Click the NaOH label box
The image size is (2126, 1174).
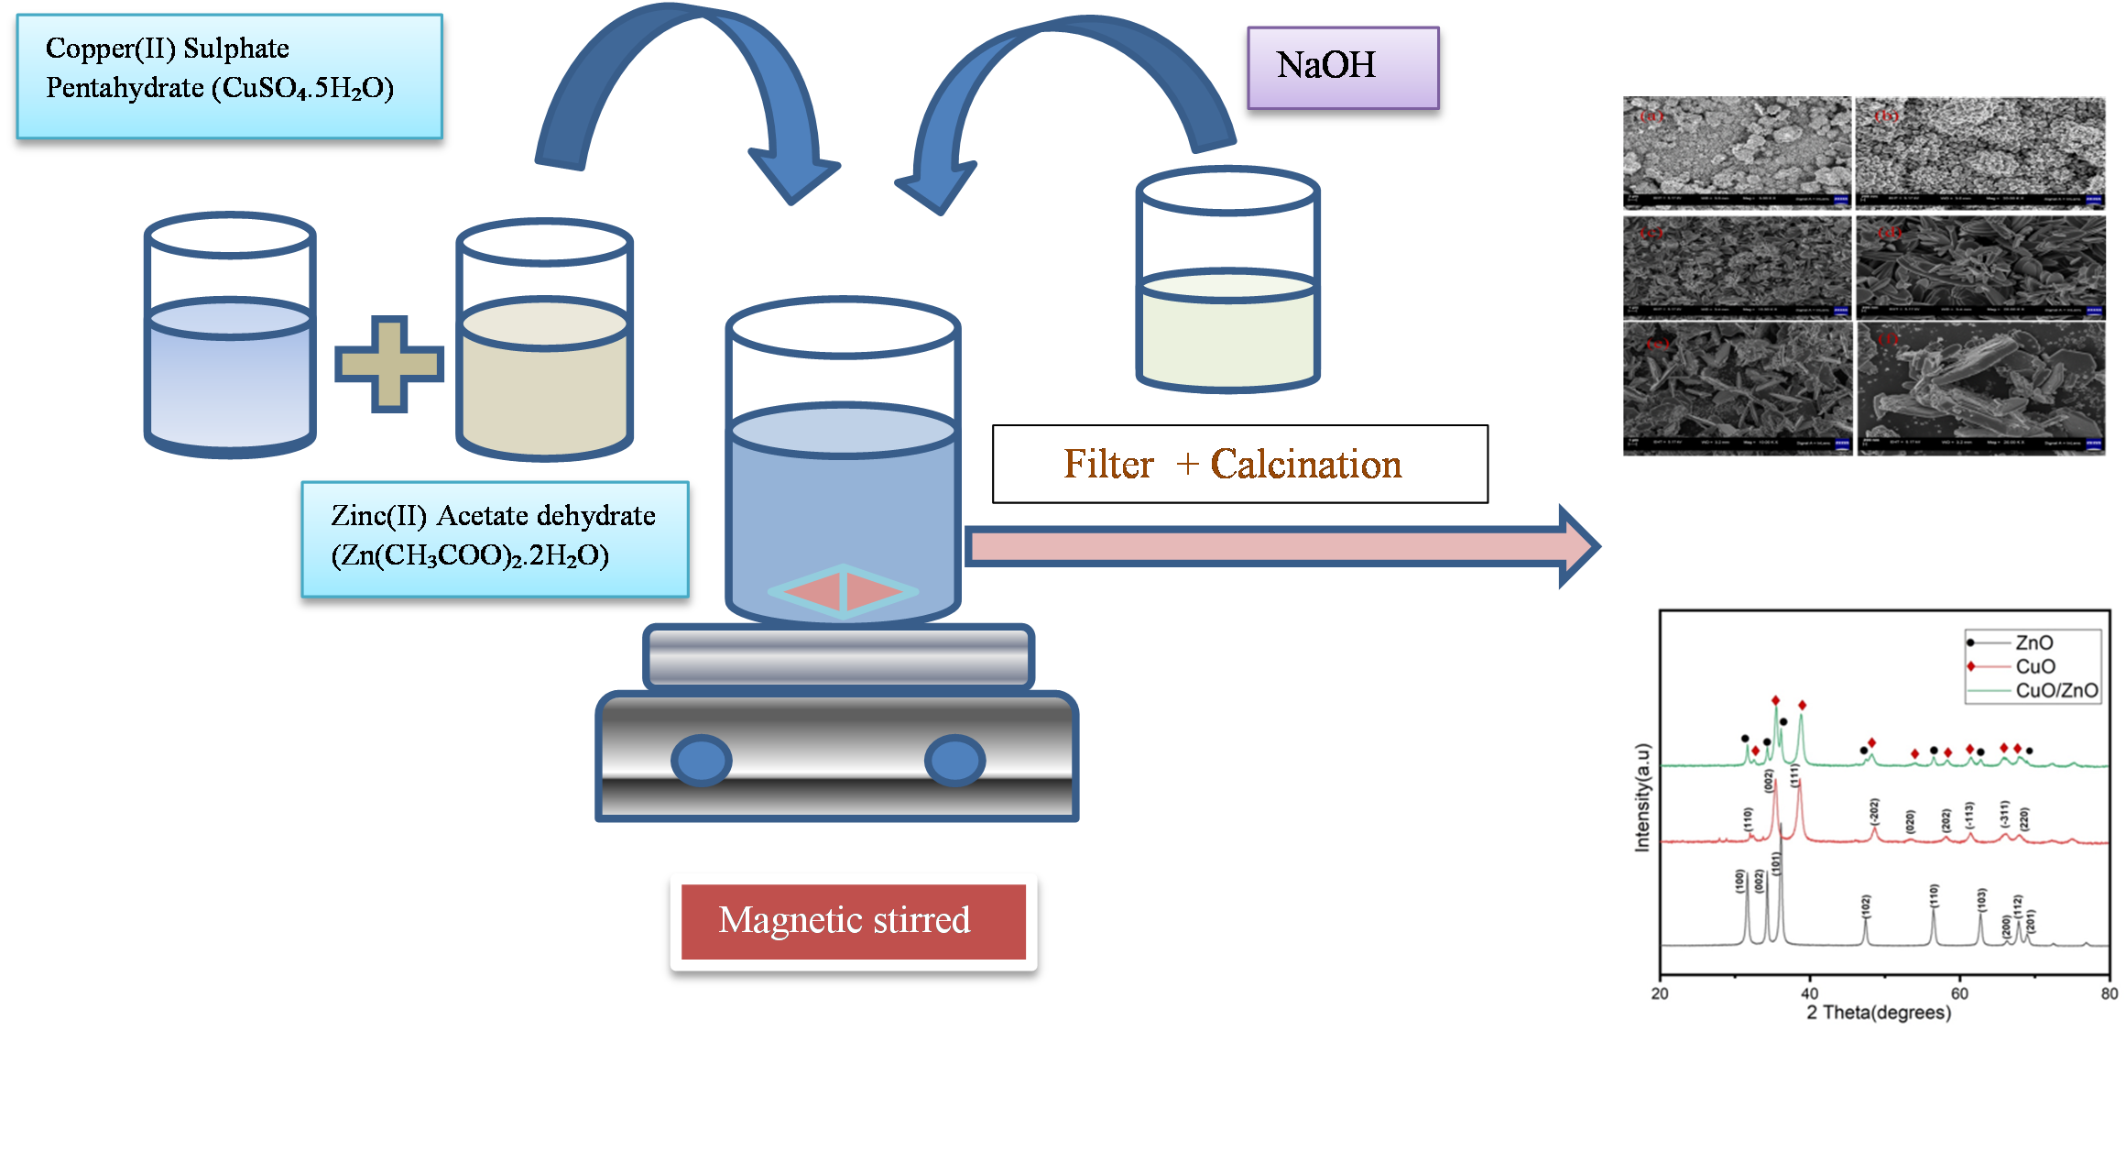(1343, 67)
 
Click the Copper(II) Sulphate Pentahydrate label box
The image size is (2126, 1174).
(229, 76)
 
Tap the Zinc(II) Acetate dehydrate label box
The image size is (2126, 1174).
(495, 539)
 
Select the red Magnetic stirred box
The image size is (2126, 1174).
(853, 921)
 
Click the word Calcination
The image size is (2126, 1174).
(1305, 465)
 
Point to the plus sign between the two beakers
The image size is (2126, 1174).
(389, 364)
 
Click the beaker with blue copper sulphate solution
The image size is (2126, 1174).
(230, 367)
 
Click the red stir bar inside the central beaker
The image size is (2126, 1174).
(843, 592)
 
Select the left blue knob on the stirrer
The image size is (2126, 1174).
(702, 760)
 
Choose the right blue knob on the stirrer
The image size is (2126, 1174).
(954, 760)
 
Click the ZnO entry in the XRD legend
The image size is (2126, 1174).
(2033, 642)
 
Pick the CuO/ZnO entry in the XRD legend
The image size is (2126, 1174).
(2056, 690)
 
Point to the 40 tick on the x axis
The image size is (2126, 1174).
(1810, 993)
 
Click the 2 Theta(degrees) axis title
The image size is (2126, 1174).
(1879, 1013)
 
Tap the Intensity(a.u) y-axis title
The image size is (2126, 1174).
(1642, 797)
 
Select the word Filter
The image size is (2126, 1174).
(1107, 465)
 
